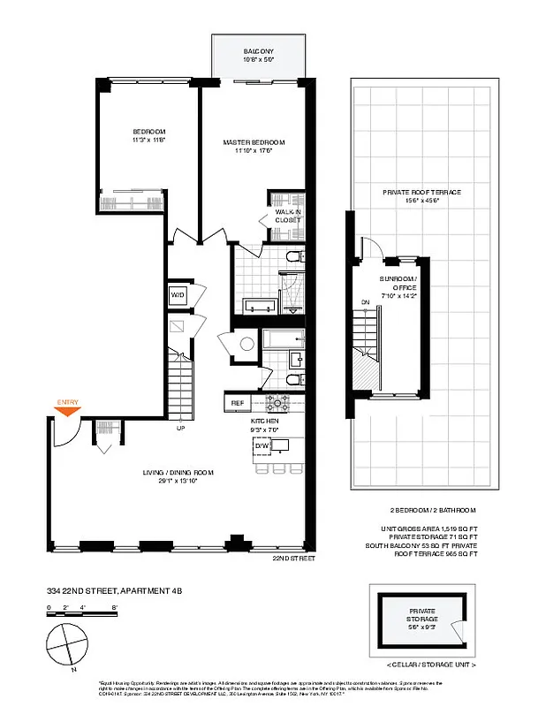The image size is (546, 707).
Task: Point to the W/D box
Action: point(177,294)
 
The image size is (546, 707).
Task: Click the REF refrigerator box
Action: point(237,403)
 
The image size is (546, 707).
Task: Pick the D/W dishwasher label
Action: point(262,446)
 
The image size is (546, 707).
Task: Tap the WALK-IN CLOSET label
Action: point(288,217)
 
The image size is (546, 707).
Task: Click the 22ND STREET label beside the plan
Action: point(293,559)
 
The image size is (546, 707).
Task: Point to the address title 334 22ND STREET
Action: point(115,589)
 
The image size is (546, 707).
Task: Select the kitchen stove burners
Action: point(278,403)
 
